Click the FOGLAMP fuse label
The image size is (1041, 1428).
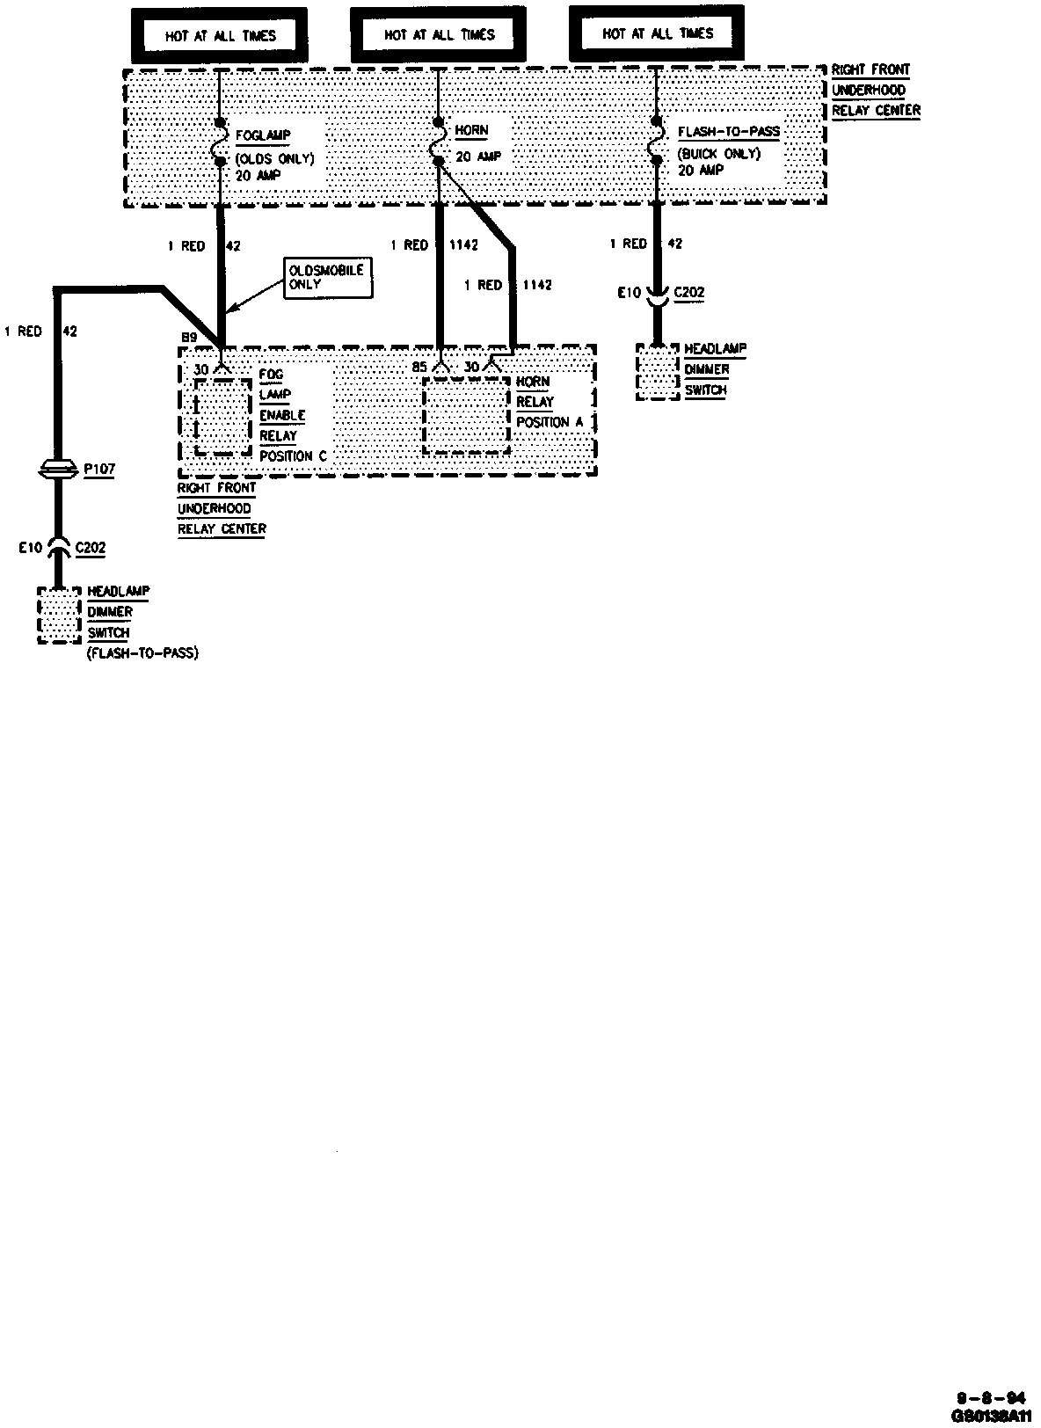(x=263, y=135)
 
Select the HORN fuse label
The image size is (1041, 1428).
(x=471, y=130)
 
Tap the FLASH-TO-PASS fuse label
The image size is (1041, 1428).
(x=729, y=132)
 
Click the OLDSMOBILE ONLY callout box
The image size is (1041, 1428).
(x=326, y=279)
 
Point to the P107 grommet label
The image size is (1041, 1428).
(x=99, y=470)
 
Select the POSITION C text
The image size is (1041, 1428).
(x=293, y=456)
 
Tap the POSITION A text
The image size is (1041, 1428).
(x=550, y=422)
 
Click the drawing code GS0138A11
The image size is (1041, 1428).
(x=990, y=1417)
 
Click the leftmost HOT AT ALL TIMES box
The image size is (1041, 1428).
(x=221, y=36)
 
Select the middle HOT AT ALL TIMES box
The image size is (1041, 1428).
(x=439, y=35)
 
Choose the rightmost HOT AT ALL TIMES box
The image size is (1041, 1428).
(x=657, y=33)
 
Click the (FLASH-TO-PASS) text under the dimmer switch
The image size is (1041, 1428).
(x=142, y=653)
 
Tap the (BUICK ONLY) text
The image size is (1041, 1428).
(x=718, y=153)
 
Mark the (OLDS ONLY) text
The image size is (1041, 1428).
(x=274, y=159)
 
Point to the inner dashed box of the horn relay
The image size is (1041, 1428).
(x=467, y=417)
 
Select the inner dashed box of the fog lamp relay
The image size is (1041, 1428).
(x=222, y=418)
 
